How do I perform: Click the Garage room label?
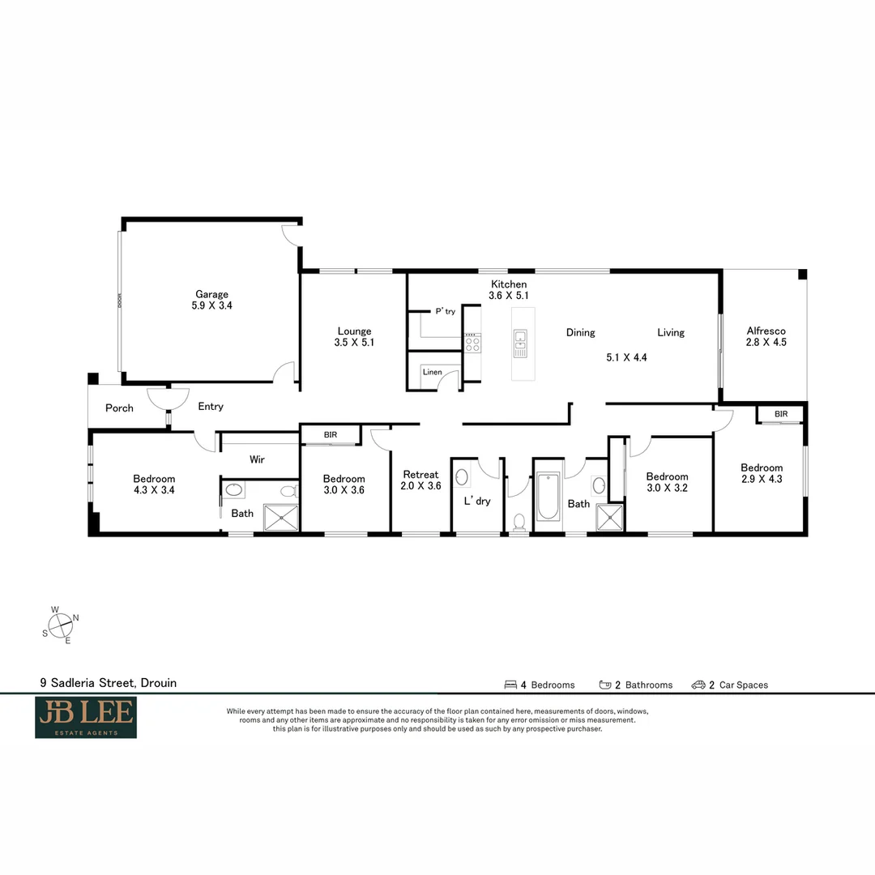211,294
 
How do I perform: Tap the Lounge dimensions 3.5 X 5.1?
354,343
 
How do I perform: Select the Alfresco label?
766,331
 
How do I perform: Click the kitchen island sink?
520,344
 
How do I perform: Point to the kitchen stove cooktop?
472,342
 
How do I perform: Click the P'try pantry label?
446,311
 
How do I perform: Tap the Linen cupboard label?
433,372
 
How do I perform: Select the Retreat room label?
420,474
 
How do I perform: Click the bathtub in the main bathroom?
548,496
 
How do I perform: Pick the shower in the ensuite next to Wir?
280,518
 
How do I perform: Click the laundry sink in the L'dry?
462,477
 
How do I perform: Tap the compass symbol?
60,625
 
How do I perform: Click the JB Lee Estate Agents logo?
86,717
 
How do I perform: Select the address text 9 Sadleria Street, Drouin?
109,682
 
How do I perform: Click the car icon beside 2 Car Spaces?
698,685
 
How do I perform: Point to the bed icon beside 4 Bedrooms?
510,685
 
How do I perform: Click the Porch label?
119,408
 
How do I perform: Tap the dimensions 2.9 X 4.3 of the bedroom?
762,479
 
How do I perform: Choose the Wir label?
257,459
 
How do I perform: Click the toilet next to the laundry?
519,522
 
